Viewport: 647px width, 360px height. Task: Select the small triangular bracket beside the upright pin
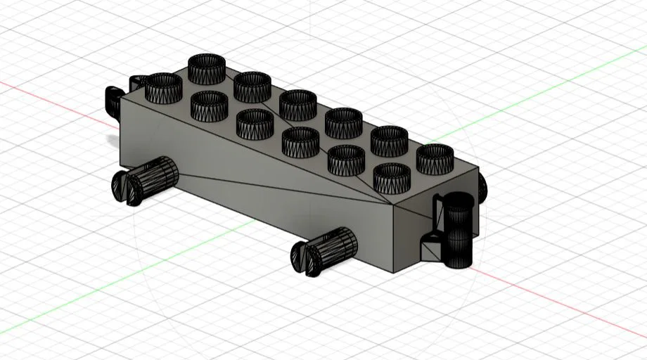click(430, 247)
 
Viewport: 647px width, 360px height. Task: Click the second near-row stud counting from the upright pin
click(346, 160)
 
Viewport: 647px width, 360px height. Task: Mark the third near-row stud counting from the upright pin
click(300, 141)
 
